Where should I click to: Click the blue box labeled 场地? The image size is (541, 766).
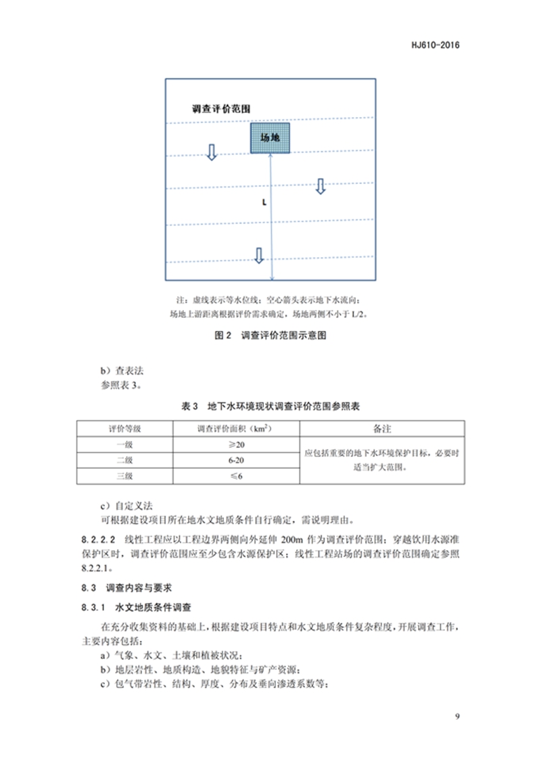[270, 137]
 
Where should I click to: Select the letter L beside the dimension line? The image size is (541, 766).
[262, 202]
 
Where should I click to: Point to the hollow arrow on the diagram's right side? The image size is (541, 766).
[321, 186]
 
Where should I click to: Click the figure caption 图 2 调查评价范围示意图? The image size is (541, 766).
[270, 335]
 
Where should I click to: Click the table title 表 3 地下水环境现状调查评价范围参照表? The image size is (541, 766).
[270, 407]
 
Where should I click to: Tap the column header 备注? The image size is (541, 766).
[382, 429]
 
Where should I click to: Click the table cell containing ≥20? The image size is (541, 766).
[236, 445]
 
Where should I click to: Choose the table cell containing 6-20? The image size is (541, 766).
[236, 460]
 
